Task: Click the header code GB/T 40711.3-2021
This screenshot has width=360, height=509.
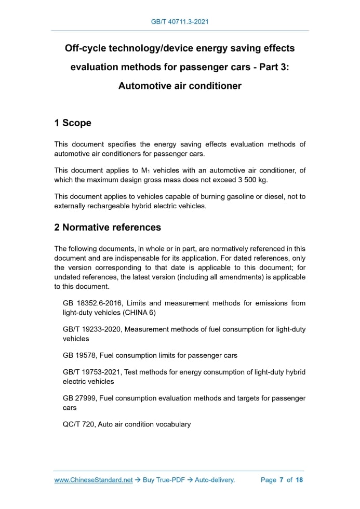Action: pyautogui.click(x=180, y=22)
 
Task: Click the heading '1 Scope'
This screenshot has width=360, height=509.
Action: pyautogui.click(x=73, y=123)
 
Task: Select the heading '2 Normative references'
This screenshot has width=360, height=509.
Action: pyautogui.click(x=108, y=227)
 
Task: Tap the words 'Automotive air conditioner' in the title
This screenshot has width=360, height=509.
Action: pyautogui.click(x=180, y=86)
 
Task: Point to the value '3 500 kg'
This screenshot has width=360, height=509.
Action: pyautogui.click(x=252, y=180)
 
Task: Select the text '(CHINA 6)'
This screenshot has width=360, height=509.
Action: pyautogui.click(x=139, y=313)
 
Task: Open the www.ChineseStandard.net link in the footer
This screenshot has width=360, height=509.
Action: pyautogui.click(x=94, y=480)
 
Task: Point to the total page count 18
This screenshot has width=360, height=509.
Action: pyautogui.click(x=299, y=480)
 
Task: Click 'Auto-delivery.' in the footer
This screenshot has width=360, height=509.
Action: pyautogui.click(x=215, y=480)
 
